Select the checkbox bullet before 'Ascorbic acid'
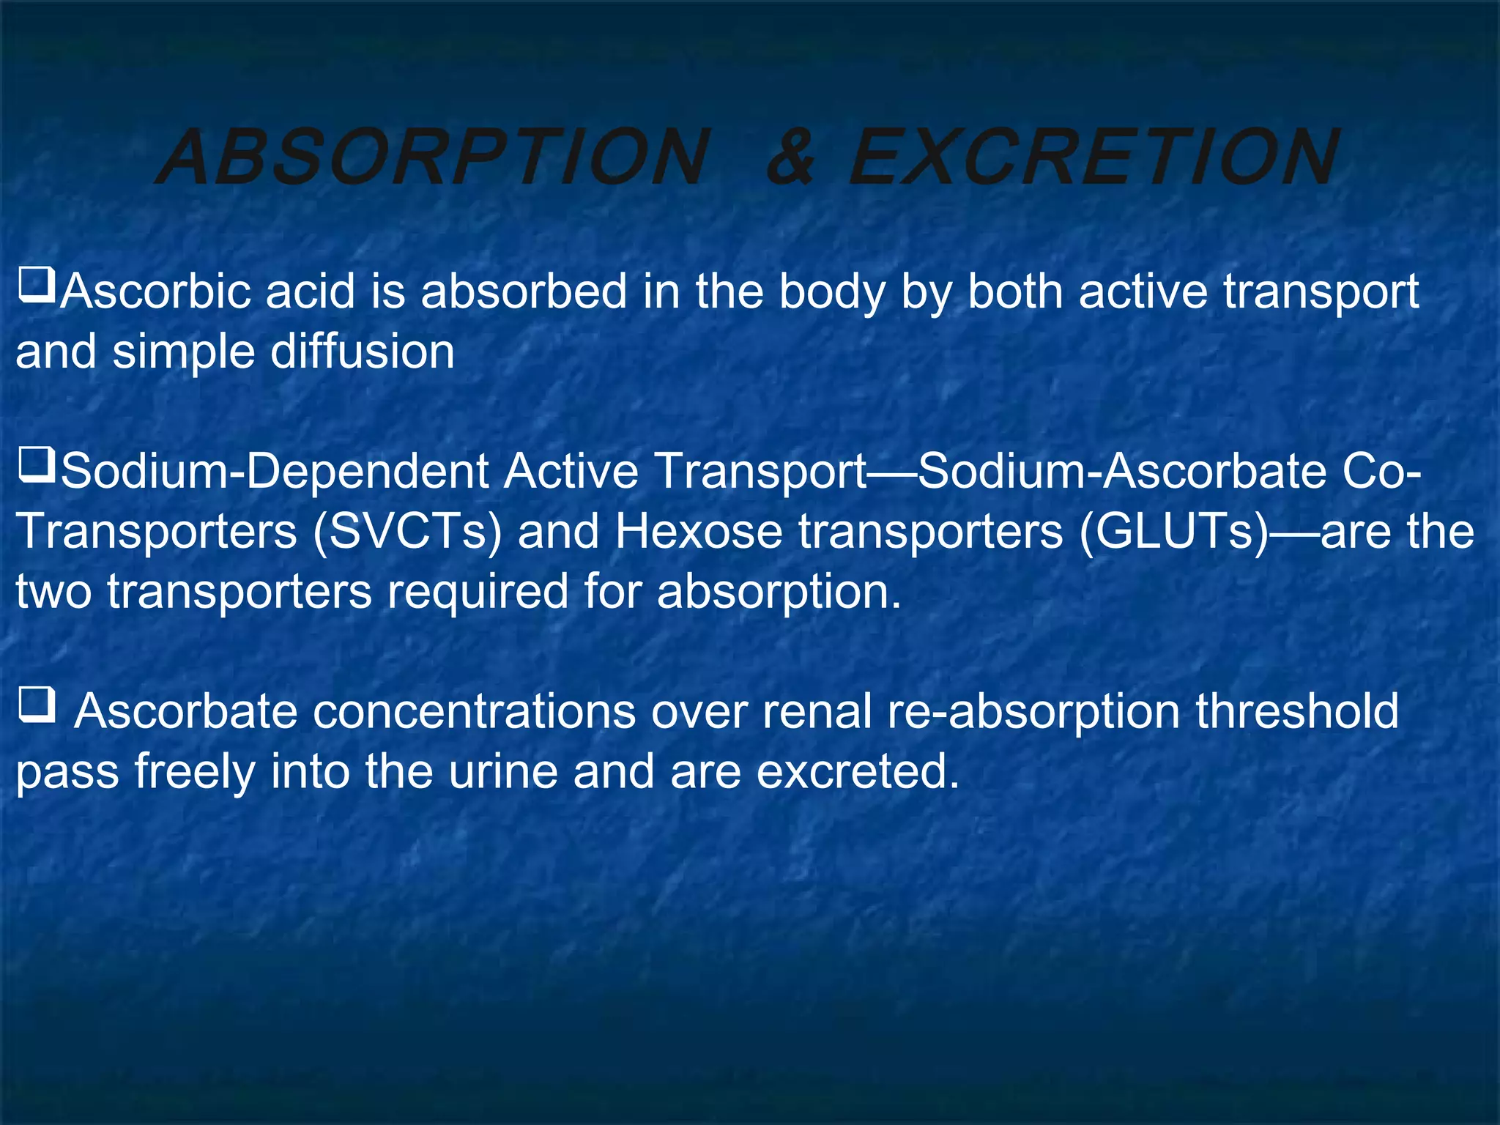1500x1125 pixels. (x=37, y=285)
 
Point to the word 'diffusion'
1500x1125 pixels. (x=363, y=352)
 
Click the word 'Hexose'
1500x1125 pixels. (x=699, y=532)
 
